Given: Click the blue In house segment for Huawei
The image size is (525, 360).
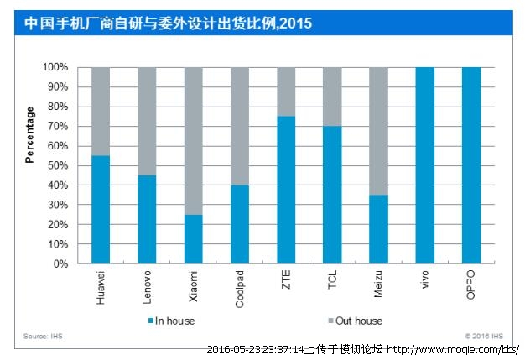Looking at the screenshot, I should click(101, 210).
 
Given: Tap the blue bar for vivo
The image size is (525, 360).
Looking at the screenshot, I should click(425, 165).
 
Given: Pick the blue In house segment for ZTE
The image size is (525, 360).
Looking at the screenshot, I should click(286, 190).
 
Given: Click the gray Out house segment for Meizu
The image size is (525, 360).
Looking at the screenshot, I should click(378, 131).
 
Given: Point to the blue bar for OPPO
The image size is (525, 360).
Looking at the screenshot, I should click(471, 165).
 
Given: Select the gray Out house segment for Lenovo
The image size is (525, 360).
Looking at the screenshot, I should click(147, 121).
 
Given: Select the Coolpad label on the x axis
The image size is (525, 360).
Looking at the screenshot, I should click(240, 288).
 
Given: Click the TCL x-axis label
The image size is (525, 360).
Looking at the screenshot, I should click(332, 279).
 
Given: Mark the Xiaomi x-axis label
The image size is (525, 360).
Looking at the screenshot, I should click(194, 285).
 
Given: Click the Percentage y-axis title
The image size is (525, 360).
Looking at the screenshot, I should click(30, 134).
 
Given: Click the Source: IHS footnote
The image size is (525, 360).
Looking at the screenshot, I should click(43, 337).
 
